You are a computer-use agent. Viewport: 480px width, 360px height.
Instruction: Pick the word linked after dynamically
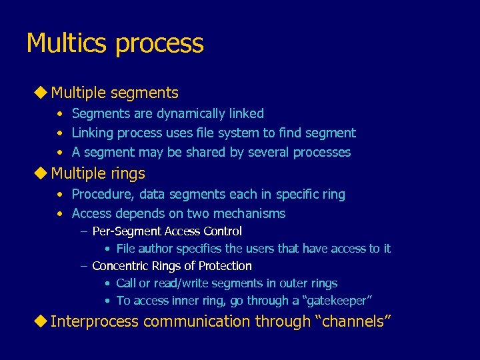(245, 113)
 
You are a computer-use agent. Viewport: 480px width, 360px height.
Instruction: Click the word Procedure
(100, 194)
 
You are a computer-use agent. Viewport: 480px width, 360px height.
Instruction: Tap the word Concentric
(120, 266)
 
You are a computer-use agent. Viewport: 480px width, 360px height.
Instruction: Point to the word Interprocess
(95, 321)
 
